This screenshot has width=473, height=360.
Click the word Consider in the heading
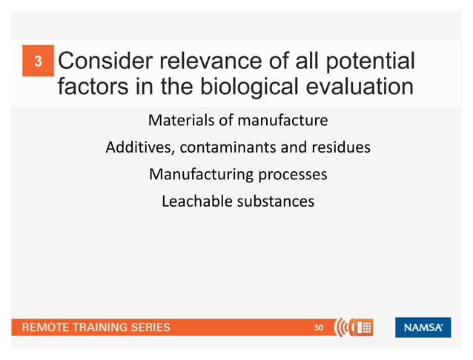[x=102, y=62]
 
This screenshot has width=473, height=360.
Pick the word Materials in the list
[x=180, y=119]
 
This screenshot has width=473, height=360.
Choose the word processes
[x=292, y=175]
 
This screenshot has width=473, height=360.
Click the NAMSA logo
[x=423, y=327]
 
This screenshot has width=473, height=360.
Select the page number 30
[x=320, y=327]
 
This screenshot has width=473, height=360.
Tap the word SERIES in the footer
[x=147, y=327]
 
